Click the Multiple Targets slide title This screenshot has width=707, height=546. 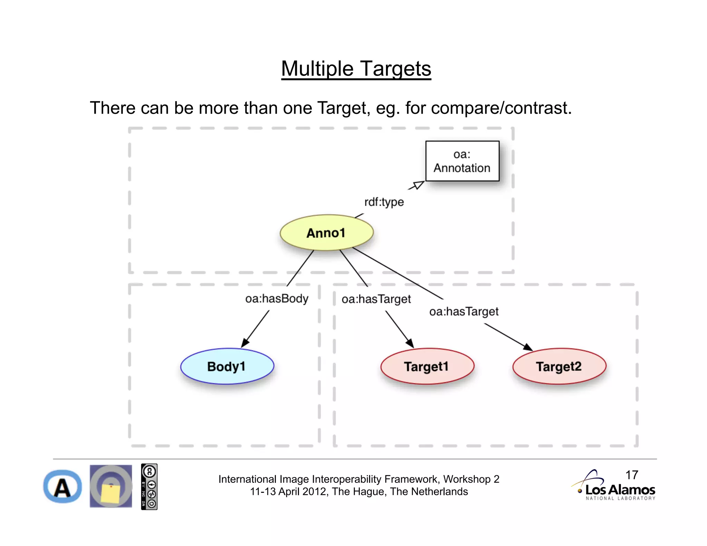356,69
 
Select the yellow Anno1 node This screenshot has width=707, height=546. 326,233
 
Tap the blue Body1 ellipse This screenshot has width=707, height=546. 227,366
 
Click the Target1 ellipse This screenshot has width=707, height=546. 427,366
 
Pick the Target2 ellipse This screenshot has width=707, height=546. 559,366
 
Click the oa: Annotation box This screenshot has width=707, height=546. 462,161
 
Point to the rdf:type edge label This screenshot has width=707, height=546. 384,202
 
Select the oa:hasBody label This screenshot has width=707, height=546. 277,299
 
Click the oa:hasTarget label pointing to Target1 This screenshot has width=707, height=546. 376,299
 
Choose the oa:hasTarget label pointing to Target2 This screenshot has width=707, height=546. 464,312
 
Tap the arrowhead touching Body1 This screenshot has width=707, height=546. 245,342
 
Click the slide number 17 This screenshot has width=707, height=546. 631,475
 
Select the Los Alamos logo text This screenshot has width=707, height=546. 620,490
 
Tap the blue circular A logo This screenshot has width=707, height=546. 62,487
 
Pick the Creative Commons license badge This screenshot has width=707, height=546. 149,487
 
